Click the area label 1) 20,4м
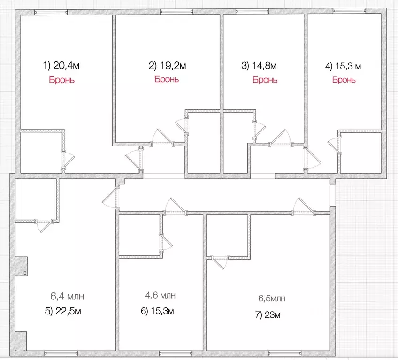pyautogui.click(x=61, y=66)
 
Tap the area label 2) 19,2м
pyautogui.click(x=167, y=66)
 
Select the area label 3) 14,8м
pyautogui.click(x=259, y=66)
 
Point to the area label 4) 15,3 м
pyautogui.click(x=343, y=66)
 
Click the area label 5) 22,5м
pyautogui.click(x=63, y=311)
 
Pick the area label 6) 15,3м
pyautogui.click(x=157, y=311)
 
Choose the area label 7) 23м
pyautogui.click(x=268, y=315)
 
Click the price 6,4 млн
pyautogui.click(x=67, y=296)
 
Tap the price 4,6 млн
pyautogui.click(x=161, y=295)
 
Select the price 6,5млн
pyautogui.click(x=272, y=298)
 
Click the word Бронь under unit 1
pyautogui.click(x=61, y=80)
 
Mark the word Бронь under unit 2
pyautogui.click(x=167, y=79)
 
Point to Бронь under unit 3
pyautogui.click(x=265, y=80)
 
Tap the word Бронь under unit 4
pyautogui.click(x=344, y=80)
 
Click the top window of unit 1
pyautogui.click(x=51, y=12)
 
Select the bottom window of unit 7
pyautogui.click(x=284, y=353)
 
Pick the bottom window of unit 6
pyautogui.click(x=176, y=353)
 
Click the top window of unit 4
pyautogui.click(x=350, y=11)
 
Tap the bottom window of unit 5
pyautogui.click(x=61, y=353)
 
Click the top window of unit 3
pyautogui.click(x=252, y=11)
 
